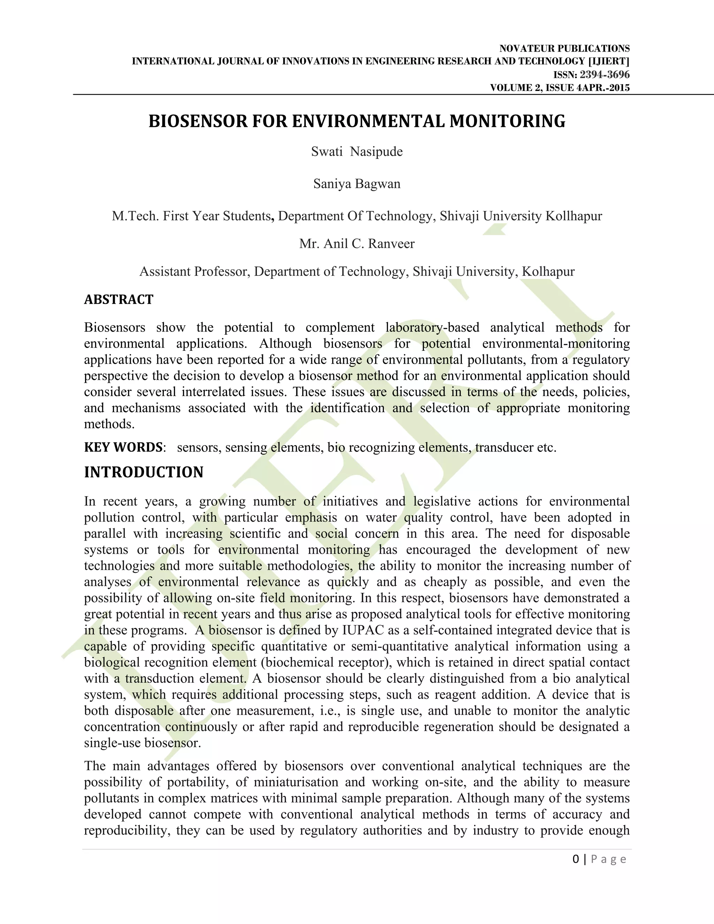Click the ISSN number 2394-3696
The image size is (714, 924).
click(x=605, y=75)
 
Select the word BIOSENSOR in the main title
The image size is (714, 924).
click(x=198, y=121)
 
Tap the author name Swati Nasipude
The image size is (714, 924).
click(x=357, y=151)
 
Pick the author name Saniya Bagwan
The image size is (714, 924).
click(x=357, y=184)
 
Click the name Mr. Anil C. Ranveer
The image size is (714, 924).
click(x=357, y=244)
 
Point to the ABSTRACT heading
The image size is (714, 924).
click(x=119, y=300)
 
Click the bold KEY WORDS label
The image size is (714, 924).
click(x=123, y=447)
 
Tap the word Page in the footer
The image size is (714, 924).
click(x=608, y=859)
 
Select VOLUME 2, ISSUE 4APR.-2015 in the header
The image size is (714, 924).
click(x=560, y=88)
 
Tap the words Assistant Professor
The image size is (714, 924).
click(x=195, y=272)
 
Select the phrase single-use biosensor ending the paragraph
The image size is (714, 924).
click(x=142, y=743)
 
